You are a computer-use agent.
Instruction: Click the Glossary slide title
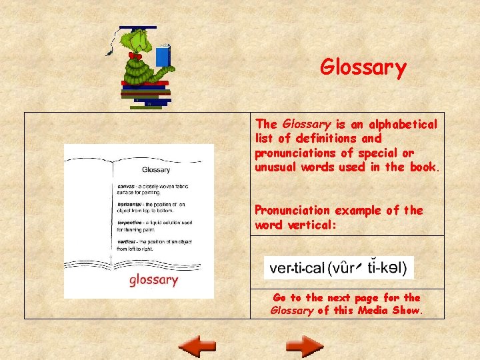tap(363, 67)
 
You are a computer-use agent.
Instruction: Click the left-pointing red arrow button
tap(198, 346)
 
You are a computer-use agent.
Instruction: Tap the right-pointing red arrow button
tap(305, 346)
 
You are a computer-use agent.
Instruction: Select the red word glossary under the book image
tap(153, 279)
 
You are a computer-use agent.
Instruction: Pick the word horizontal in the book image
tap(131, 204)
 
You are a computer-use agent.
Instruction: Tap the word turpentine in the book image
tap(131, 223)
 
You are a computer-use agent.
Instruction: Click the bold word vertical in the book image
tap(127, 241)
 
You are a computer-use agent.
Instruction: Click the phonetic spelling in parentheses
tap(371, 269)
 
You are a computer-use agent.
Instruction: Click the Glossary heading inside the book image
tap(156, 170)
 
